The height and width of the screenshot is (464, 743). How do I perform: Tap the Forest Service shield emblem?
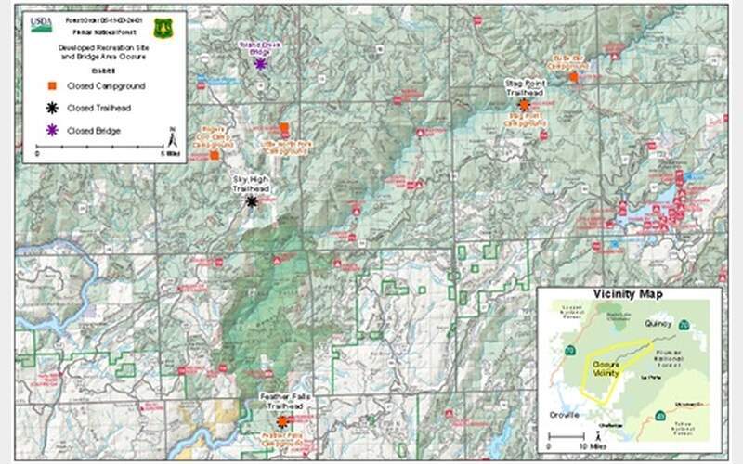tap(163, 27)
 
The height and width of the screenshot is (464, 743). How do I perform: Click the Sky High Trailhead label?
tap(251, 186)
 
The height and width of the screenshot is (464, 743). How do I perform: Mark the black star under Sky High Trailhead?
tap(251, 200)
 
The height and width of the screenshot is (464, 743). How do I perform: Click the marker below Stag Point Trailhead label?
tap(524, 105)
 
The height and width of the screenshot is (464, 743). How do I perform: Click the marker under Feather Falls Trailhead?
tap(281, 420)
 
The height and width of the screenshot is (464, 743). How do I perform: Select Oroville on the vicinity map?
tap(563, 413)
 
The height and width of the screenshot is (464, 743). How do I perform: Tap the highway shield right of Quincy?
tap(683, 325)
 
